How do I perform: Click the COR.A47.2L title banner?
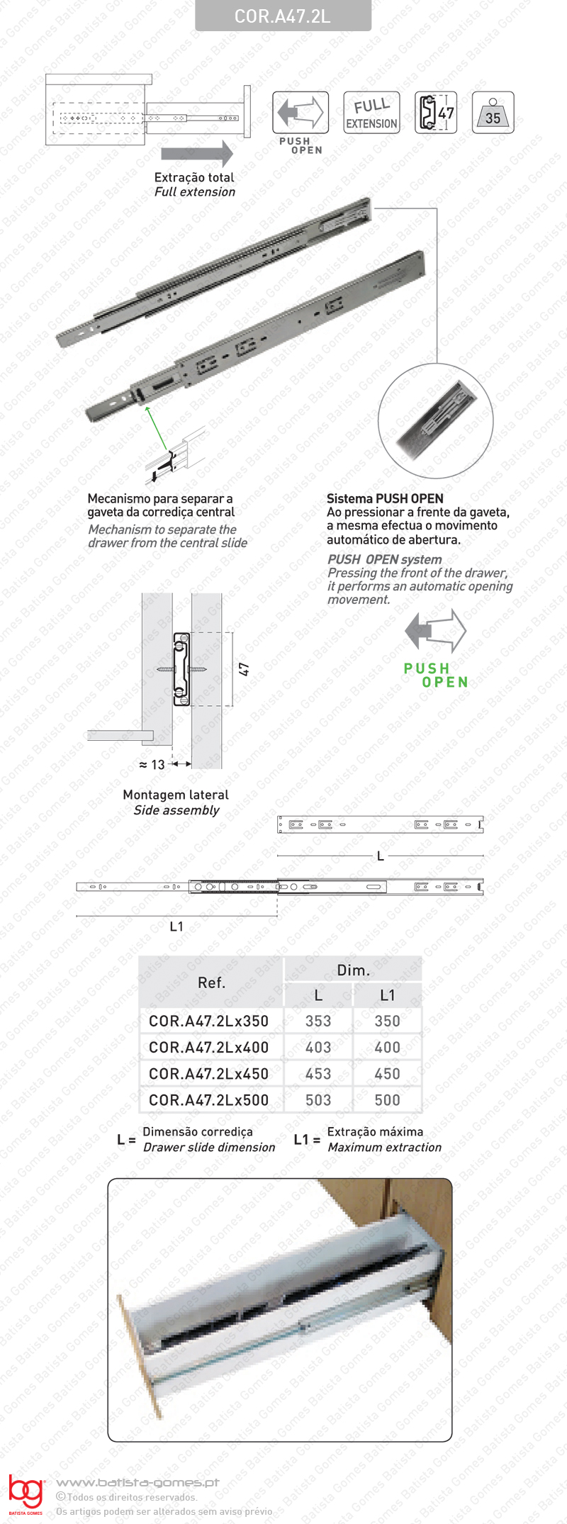tap(283, 16)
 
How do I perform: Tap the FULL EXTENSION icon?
tap(371, 113)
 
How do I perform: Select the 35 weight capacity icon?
tap(493, 113)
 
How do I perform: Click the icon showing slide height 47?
tap(435, 113)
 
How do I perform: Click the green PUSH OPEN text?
tap(435, 675)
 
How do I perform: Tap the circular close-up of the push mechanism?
tap(435, 423)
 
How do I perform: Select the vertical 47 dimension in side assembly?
tap(244, 669)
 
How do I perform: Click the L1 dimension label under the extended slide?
tap(176, 926)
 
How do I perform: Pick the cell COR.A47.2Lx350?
tap(208, 1021)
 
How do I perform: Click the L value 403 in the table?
tap(318, 1047)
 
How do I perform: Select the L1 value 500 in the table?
tap(387, 1100)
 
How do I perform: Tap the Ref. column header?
tap(211, 982)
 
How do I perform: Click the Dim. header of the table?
tap(353, 970)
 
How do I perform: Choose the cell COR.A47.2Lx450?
tap(208, 1074)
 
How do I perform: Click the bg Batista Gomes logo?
tap(26, 1494)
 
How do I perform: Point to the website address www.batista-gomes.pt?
tap(137, 1482)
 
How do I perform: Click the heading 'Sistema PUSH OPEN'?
tap(385, 498)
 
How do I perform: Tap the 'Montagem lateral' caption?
tap(176, 795)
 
